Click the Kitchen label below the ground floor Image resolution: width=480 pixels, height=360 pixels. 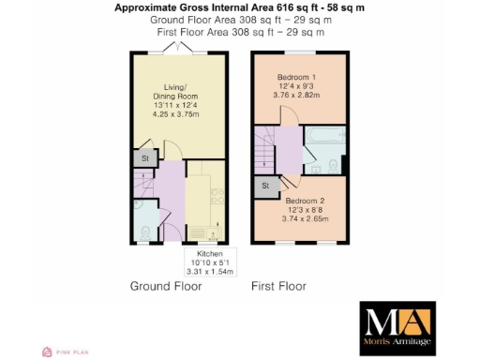(209, 254)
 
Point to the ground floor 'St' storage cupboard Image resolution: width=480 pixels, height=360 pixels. (145, 159)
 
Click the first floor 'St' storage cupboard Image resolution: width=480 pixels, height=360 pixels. (266, 187)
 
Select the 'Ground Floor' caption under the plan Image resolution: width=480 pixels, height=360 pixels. (165, 286)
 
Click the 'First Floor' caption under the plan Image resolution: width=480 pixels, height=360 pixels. (279, 286)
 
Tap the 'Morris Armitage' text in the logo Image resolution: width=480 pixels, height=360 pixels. (397, 346)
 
